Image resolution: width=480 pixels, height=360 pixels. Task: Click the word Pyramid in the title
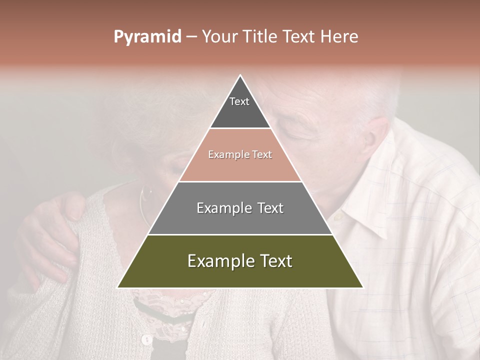147,37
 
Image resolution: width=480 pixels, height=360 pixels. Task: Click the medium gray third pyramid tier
240,208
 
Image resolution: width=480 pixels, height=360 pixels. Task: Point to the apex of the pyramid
240,76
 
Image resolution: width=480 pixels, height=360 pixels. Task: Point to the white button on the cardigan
146,340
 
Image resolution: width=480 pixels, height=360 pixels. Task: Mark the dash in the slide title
190,37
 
